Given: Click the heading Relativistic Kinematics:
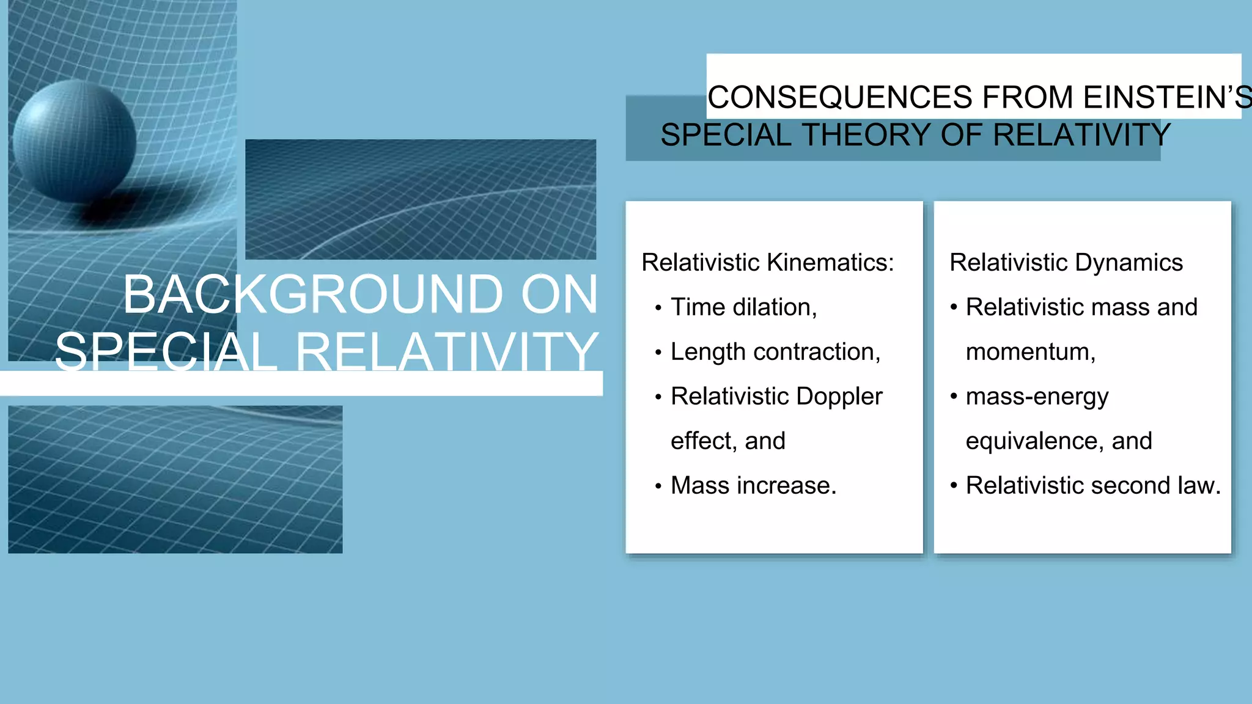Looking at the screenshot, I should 767,263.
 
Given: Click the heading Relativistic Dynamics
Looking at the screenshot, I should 1066,263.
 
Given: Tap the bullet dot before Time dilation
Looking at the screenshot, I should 658,308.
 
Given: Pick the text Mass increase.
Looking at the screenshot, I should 753,486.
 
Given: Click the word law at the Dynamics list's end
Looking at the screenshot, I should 1201,486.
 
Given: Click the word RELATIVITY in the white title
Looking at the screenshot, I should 447,353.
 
